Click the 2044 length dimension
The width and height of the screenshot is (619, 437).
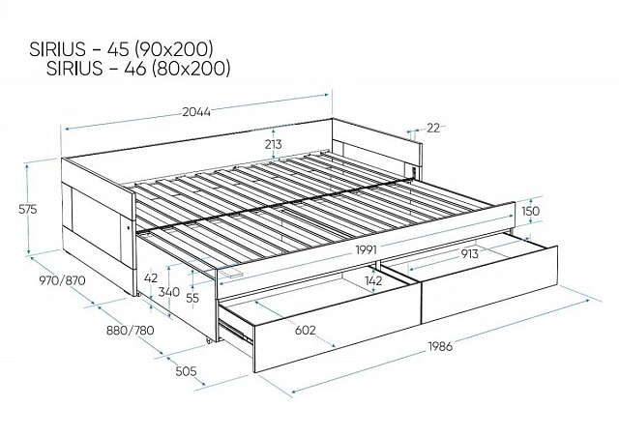pyautogui.click(x=196, y=112)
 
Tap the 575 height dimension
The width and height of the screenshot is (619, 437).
pyautogui.click(x=28, y=209)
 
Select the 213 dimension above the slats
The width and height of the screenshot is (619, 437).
pyautogui.click(x=274, y=144)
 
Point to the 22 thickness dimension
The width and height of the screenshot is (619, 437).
pyautogui.click(x=433, y=128)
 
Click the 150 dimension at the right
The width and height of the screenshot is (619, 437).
pyautogui.click(x=530, y=211)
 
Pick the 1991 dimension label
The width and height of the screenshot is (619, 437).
pyautogui.click(x=367, y=249)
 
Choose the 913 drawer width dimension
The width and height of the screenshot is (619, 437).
pyautogui.click(x=469, y=254)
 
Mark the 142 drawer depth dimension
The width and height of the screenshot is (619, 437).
pyautogui.click(x=373, y=280)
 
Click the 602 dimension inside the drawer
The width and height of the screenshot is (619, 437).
pyautogui.click(x=306, y=330)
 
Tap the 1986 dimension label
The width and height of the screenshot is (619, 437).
pyautogui.click(x=440, y=346)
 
